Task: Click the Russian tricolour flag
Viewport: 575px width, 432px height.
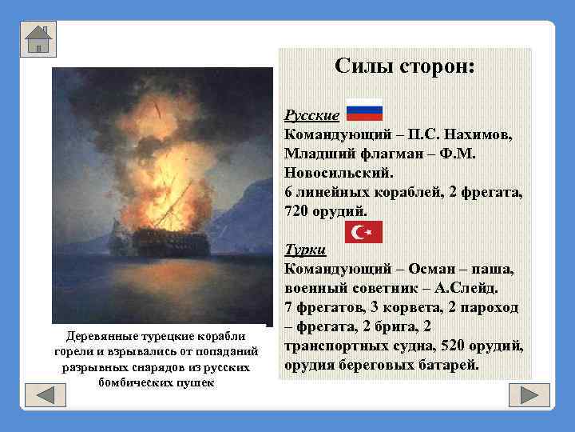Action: click(364, 111)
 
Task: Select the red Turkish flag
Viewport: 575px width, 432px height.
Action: click(364, 232)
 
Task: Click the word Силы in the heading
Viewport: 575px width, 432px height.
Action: click(360, 67)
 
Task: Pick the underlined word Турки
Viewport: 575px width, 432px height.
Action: click(305, 250)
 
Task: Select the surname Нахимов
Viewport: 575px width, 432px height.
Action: click(476, 134)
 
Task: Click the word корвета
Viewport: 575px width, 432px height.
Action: click(412, 307)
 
